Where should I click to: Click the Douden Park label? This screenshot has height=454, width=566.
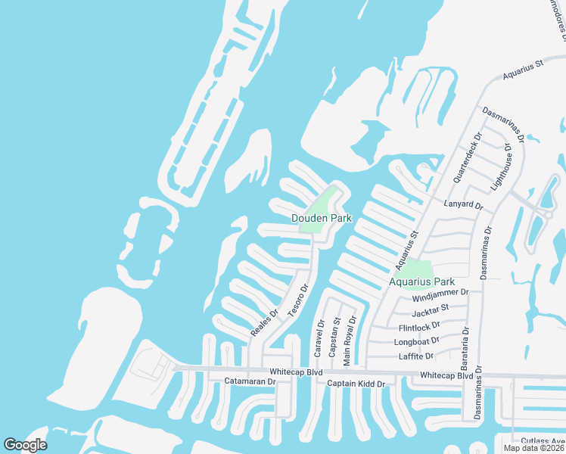[x=322, y=218]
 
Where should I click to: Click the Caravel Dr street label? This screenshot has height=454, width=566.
[x=320, y=338]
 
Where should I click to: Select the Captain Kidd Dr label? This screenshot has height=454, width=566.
[x=356, y=384]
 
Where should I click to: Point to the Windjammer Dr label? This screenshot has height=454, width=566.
[x=441, y=291]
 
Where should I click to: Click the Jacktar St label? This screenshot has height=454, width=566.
[x=431, y=310]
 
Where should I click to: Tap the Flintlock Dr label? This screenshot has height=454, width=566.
[x=419, y=328]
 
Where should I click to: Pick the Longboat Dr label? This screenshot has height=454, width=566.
[x=417, y=342]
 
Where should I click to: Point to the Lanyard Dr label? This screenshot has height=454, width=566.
[x=465, y=204]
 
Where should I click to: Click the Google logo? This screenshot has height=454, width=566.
[x=25, y=444]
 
